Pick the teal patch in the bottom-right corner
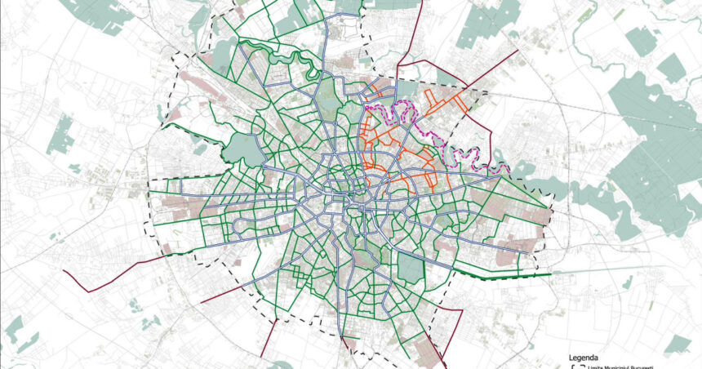677,343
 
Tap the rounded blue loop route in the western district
242,224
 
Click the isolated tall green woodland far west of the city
60,135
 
